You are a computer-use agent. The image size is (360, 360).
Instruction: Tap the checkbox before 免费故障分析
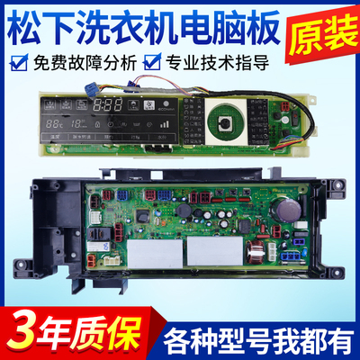(x=15, y=63)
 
